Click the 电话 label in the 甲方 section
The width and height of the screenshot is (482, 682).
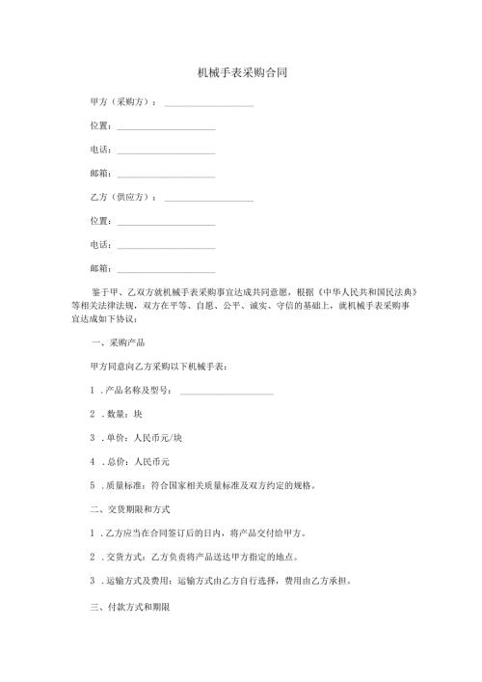[x=98, y=150]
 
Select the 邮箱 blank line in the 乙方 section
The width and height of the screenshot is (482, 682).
[x=166, y=272]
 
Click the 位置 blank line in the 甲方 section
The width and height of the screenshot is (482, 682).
[x=166, y=128]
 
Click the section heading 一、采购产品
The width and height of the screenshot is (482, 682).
[x=117, y=342]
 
